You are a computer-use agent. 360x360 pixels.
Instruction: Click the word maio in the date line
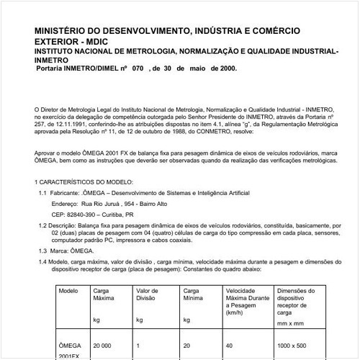(x=194, y=68)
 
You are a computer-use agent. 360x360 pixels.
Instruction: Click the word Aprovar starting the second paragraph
(x=46, y=153)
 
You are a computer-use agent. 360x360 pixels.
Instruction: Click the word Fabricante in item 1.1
(x=65, y=194)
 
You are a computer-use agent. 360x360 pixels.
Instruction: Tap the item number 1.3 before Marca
(x=42, y=250)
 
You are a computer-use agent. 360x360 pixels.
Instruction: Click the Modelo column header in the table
(x=68, y=289)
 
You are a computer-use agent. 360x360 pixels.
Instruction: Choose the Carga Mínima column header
(x=193, y=294)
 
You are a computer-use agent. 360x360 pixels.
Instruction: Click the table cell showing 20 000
(x=104, y=346)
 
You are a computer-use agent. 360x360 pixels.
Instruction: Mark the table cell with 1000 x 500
(x=292, y=346)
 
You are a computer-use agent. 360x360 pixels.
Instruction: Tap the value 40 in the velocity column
(x=230, y=346)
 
